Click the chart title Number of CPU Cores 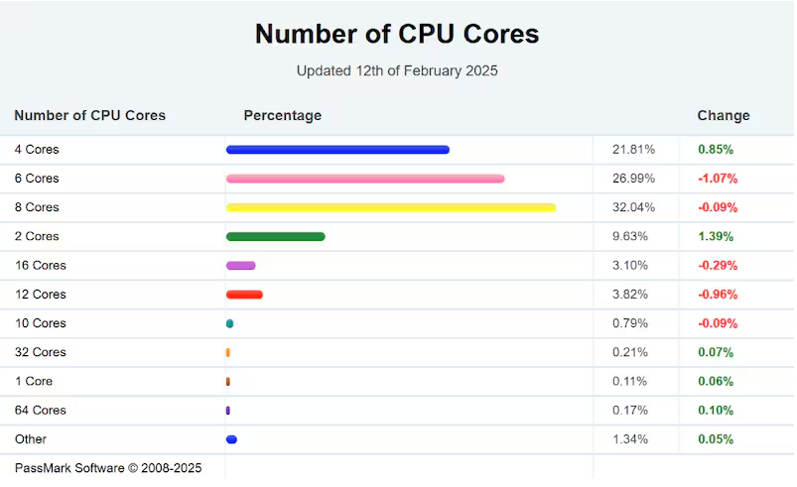point(397,34)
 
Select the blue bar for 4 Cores point(337,150)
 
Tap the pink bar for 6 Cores point(365,179)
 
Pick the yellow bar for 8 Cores point(390,207)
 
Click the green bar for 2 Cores point(275,236)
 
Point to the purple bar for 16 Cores point(241,266)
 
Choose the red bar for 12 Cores point(244,295)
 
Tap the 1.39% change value point(715,236)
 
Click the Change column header point(723,116)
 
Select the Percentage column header point(282,116)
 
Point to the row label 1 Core point(34,381)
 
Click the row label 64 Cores point(40,410)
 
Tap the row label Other point(30,438)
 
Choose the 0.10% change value point(715,410)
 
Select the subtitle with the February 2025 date point(397,70)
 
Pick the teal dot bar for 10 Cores point(229,323)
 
